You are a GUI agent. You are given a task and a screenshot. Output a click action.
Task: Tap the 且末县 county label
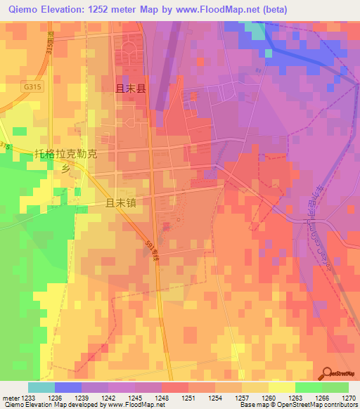point(130,89)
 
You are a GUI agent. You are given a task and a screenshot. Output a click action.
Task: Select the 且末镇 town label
point(120,202)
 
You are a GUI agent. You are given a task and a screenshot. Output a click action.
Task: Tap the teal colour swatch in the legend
point(41,387)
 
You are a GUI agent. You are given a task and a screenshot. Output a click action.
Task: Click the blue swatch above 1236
point(68,387)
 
